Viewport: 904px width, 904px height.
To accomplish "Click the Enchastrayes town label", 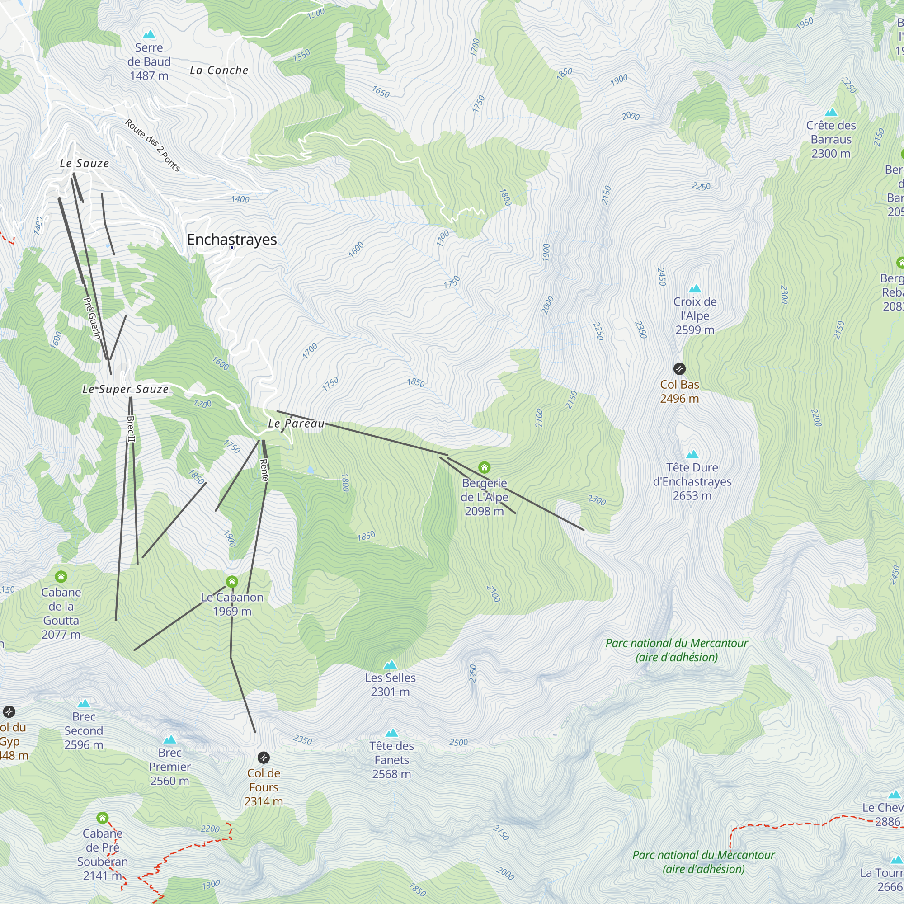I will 231,239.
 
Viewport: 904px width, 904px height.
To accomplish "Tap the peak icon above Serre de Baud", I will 149,34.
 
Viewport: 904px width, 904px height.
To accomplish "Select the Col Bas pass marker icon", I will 679,369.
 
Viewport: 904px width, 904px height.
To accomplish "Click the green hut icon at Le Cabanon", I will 232,582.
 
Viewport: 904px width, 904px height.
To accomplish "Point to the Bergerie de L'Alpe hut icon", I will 484,467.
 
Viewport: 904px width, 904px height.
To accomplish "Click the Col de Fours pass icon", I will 264,757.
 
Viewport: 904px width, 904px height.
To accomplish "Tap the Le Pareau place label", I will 296,424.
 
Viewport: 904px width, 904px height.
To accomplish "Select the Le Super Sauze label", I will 125,389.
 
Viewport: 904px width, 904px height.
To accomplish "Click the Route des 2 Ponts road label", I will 152,145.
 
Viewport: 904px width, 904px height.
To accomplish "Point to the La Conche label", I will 219,70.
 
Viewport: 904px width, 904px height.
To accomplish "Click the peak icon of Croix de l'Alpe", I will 695,288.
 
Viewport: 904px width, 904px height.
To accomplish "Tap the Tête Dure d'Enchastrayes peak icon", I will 692,454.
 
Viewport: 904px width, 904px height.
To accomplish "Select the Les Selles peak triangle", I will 390,664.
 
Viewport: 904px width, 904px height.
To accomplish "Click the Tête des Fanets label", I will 391,760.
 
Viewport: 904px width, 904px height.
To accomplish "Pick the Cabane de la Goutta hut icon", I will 61,576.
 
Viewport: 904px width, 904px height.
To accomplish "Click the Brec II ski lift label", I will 131,428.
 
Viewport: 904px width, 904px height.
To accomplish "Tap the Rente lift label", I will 264,470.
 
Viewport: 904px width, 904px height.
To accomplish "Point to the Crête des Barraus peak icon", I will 831,112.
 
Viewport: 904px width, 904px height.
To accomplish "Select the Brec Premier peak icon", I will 169,740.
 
